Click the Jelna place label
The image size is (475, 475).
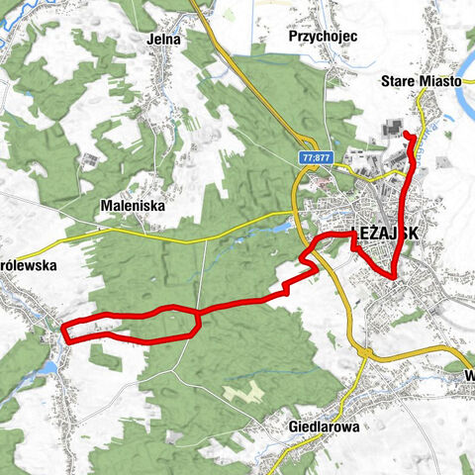coord(160,39)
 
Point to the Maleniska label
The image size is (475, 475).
coord(132,206)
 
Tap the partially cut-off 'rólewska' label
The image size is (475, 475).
coord(30,266)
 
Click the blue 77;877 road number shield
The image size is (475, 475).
coord(316,158)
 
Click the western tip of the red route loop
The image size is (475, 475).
coord(65,331)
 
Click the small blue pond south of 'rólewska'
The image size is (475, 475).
coord(47,369)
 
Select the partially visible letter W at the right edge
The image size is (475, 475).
coord(469,377)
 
